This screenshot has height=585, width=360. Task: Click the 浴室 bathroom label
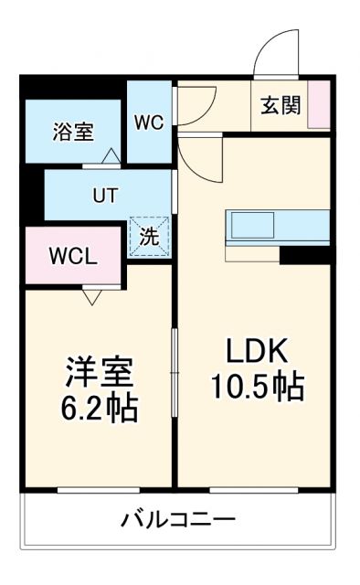(x=72, y=133)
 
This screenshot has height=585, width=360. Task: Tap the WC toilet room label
(x=149, y=122)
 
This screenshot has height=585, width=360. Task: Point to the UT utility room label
(x=102, y=195)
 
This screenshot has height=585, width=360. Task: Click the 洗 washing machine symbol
(x=149, y=237)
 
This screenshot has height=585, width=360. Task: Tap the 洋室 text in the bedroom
(x=99, y=372)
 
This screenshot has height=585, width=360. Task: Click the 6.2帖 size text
(x=99, y=408)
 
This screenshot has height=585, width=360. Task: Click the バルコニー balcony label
(x=179, y=521)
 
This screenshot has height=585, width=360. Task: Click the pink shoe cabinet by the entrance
(x=319, y=105)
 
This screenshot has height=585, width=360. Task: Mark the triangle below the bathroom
(x=110, y=156)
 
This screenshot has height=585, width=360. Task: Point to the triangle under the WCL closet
(x=91, y=295)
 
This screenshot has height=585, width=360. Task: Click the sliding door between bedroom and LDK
(x=175, y=366)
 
